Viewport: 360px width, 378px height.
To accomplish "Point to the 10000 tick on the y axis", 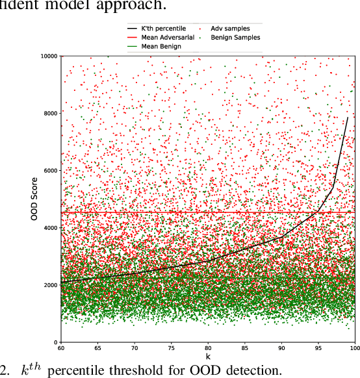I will click(x=47, y=56).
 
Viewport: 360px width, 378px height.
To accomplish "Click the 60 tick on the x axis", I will click(x=60, y=349).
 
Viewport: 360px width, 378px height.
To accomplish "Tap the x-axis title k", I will click(x=208, y=357).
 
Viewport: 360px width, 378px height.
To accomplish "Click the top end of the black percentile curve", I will click(x=348, y=118).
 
